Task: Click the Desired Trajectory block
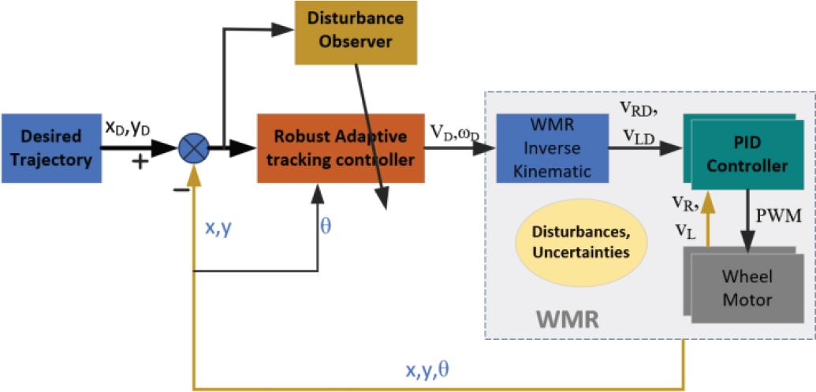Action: click(52, 147)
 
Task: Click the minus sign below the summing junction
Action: click(181, 191)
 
